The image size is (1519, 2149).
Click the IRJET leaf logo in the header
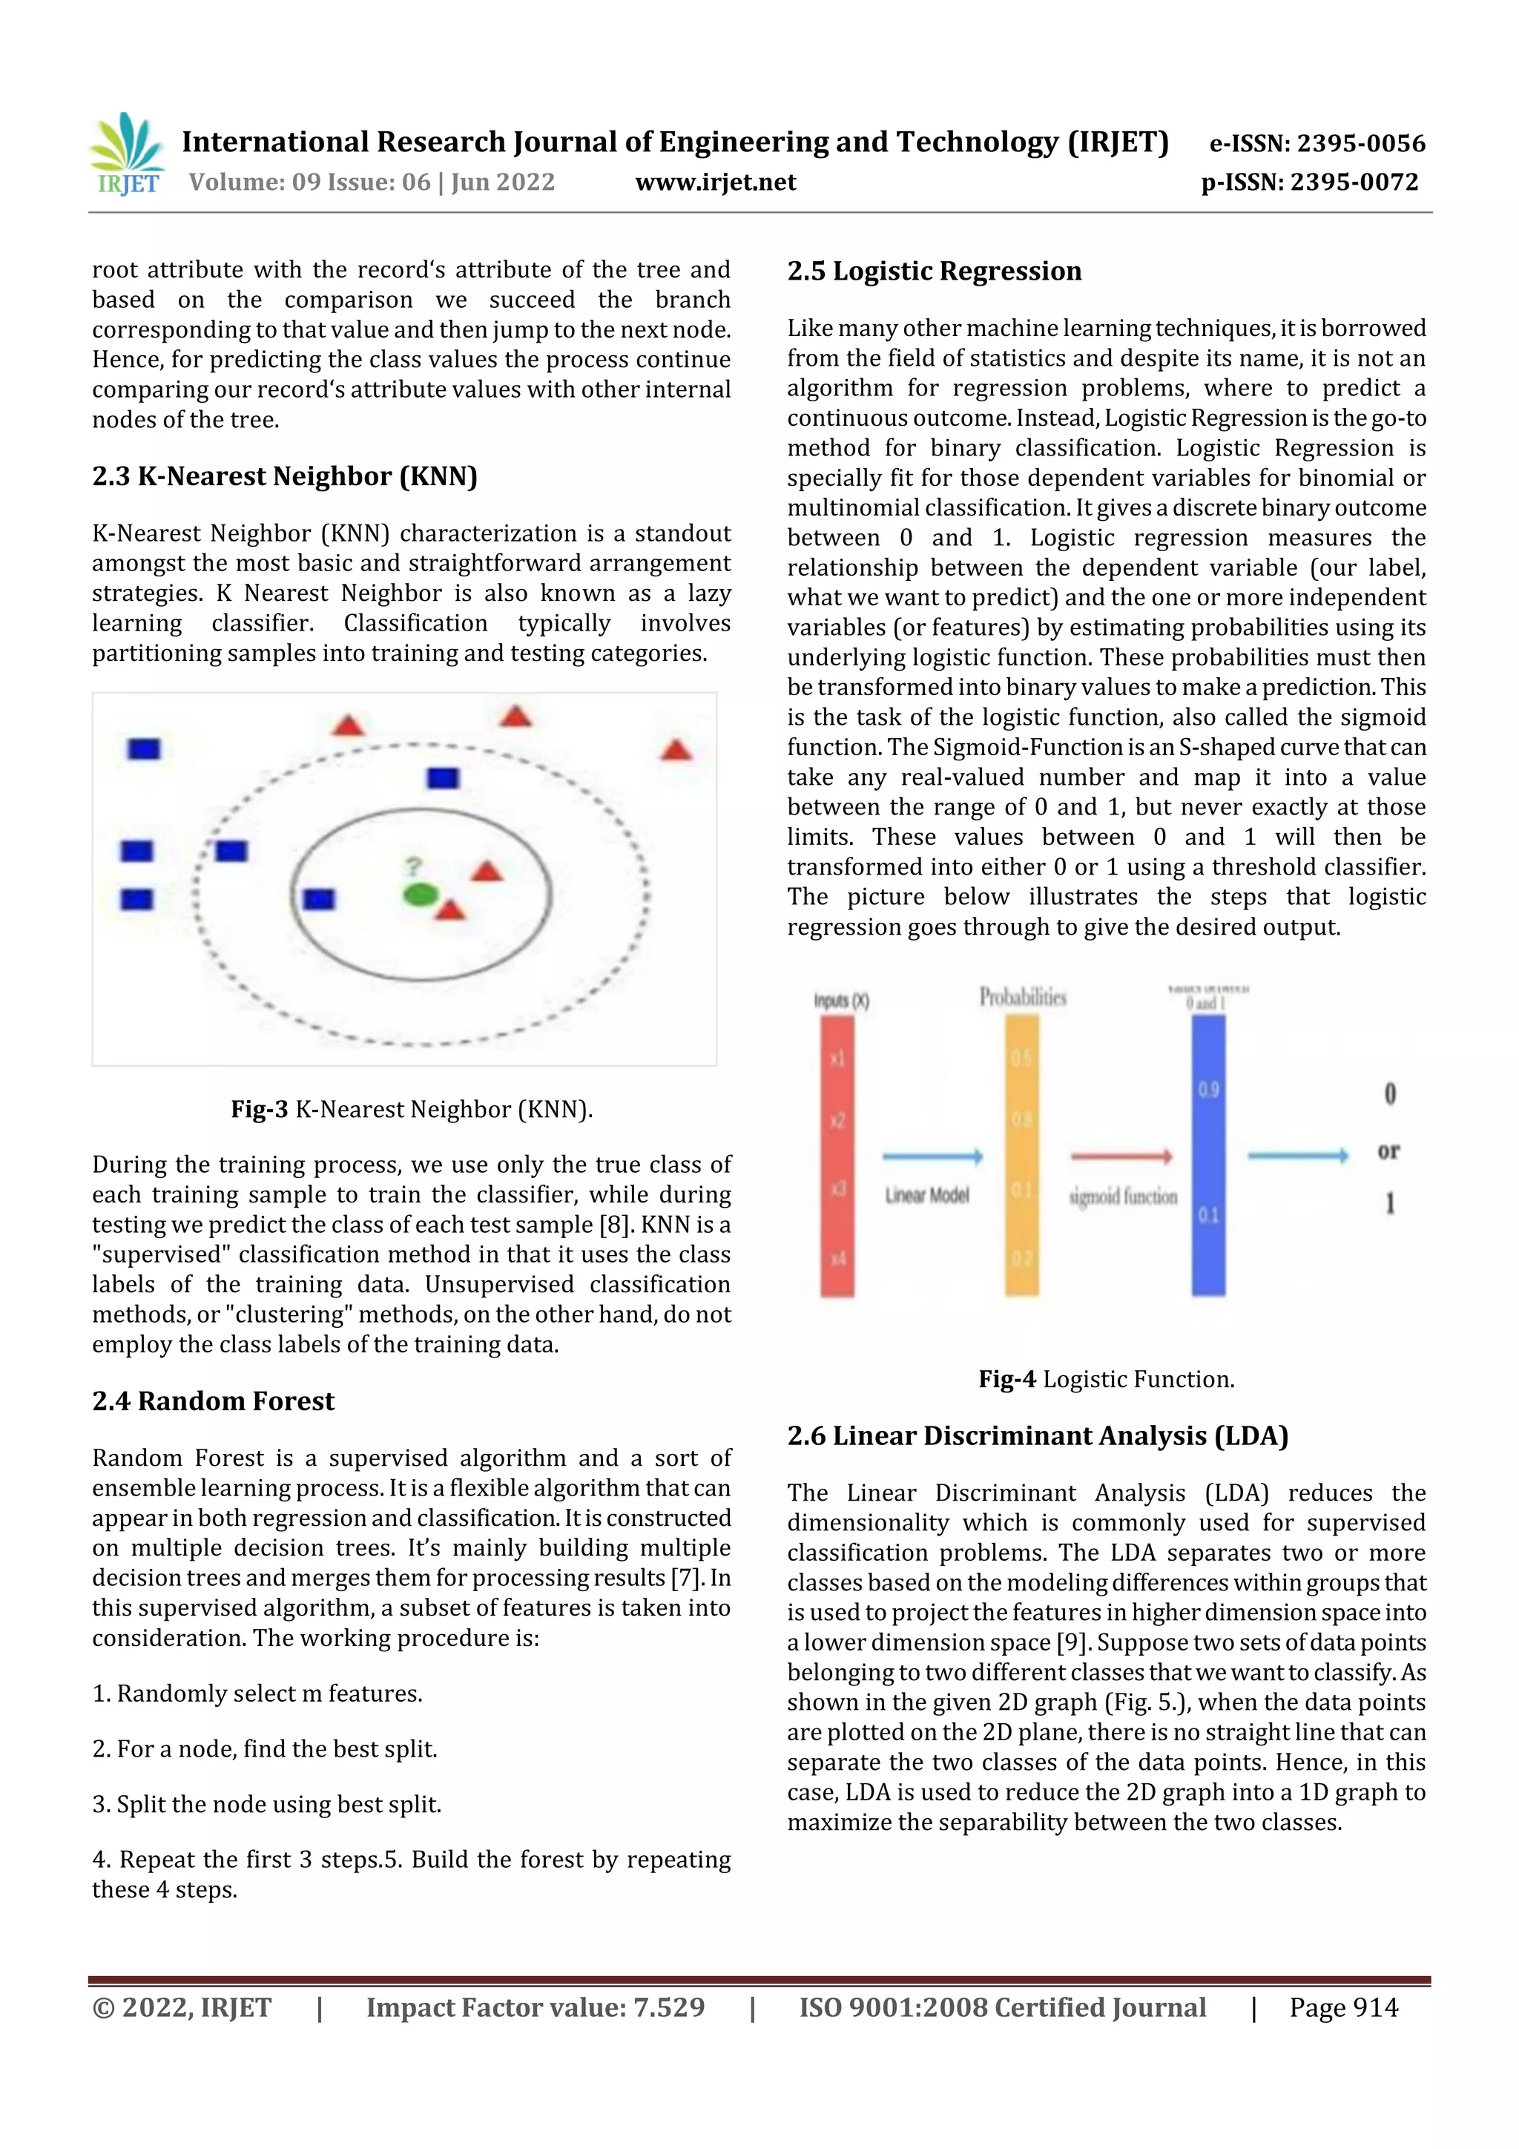click(128, 154)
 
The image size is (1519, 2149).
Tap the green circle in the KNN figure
click(421, 895)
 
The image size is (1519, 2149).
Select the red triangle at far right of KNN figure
click(676, 751)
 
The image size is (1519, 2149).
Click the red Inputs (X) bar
click(837, 1155)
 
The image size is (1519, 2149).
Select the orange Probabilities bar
click(1022, 1155)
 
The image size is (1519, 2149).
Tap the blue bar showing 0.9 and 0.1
click(1208, 1155)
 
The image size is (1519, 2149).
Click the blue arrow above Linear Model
click(932, 1157)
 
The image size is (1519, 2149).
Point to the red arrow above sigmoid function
click(1121, 1157)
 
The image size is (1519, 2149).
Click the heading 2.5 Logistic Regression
click(933, 271)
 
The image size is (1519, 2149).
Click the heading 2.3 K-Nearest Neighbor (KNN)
click(285, 476)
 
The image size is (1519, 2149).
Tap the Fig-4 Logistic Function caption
click(1107, 1379)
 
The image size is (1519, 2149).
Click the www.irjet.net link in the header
click(715, 182)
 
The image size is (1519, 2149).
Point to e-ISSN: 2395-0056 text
click(1317, 143)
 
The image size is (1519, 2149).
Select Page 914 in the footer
click(1343, 2007)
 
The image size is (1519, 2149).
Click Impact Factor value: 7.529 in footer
click(536, 2007)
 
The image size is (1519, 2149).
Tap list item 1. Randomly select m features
click(257, 1694)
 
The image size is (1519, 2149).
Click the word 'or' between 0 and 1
click(1388, 1151)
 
